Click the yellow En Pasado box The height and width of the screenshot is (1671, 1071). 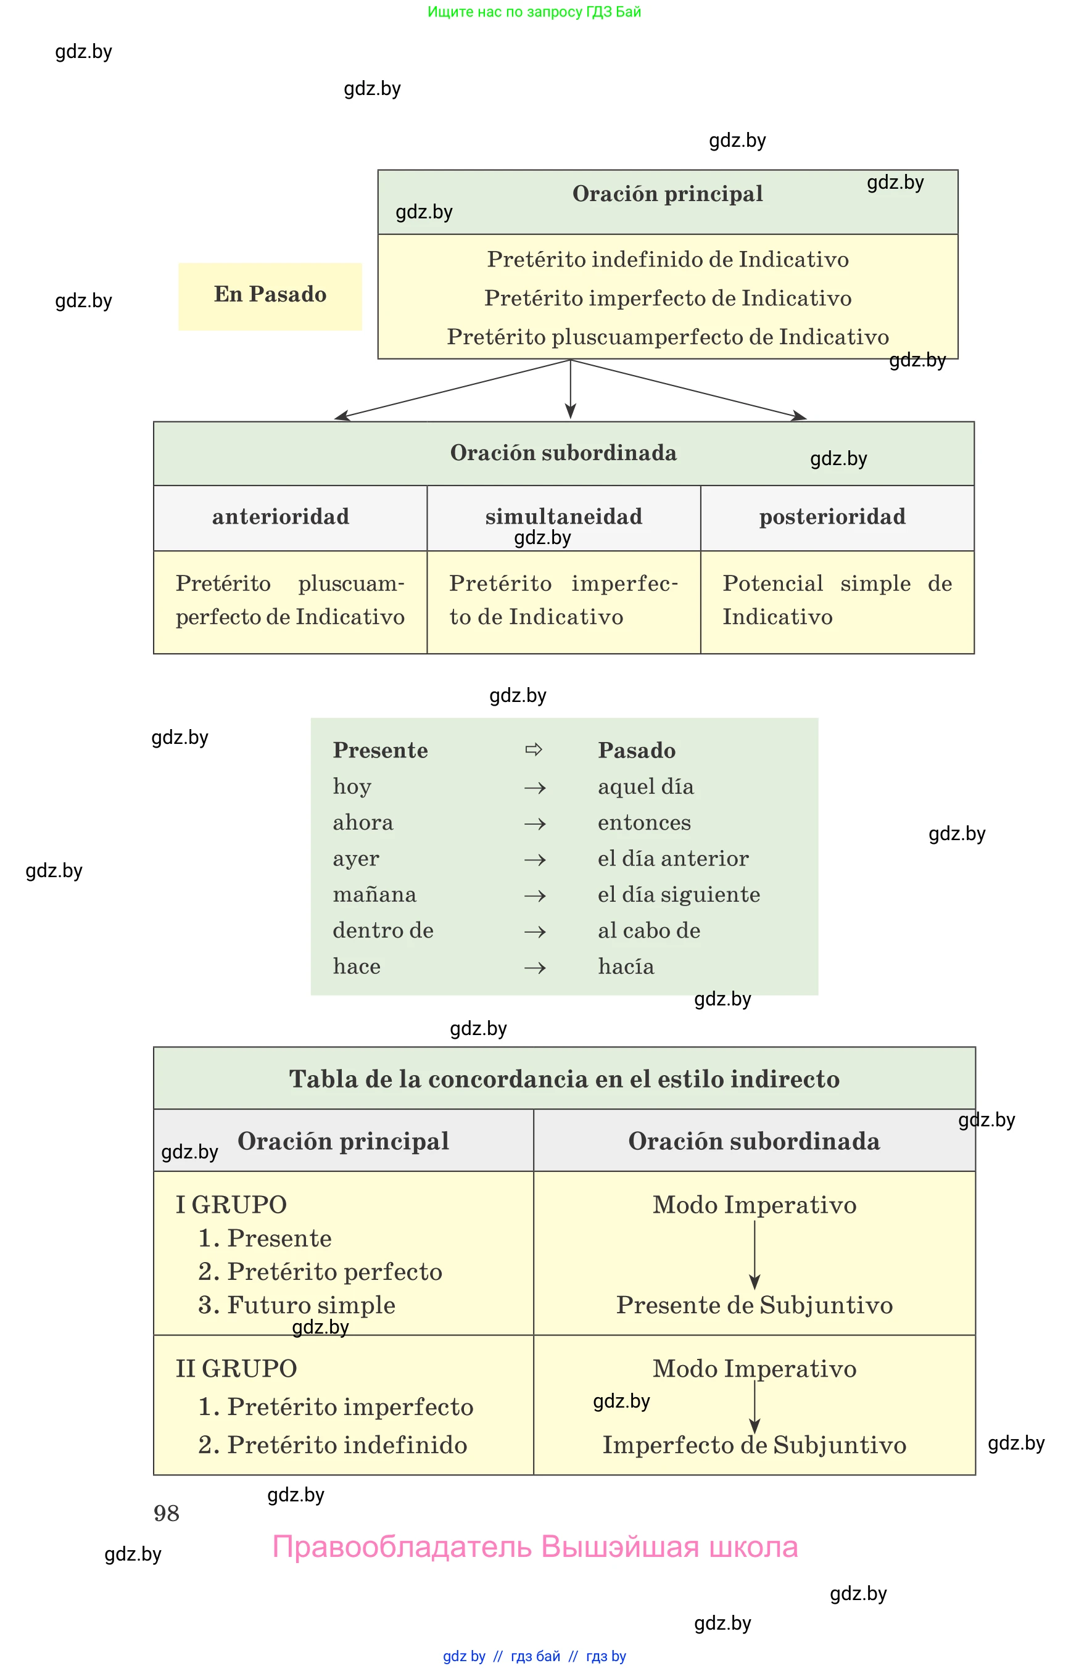(x=270, y=295)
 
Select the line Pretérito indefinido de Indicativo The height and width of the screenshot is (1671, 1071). (x=668, y=259)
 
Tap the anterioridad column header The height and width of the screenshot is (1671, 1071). (x=281, y=517)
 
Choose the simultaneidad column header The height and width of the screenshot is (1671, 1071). (x=563, y=517)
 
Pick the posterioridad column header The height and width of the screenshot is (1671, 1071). (x=832, y=517)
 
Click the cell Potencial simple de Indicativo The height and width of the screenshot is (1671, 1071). (x=837, y=600)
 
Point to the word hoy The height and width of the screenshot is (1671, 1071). (x=352, y=786)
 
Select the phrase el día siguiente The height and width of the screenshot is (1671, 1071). (x=679, y=894)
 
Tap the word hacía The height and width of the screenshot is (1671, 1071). (x=626, y=967)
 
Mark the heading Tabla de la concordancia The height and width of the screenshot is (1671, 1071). (x=564, y=1079)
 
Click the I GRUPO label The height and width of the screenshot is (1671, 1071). (x=231, y=1205)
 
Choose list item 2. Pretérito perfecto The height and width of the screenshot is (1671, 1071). (x=320, y=1271)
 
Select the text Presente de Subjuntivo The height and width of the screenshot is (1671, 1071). (x=754, y=1305)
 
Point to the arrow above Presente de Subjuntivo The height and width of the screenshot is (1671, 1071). (x=755, y=1255)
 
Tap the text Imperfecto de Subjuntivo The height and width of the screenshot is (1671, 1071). (x=754, y=1445)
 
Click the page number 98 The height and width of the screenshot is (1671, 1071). (x=166, y=1513)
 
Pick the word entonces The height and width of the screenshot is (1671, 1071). (x=644, y=823)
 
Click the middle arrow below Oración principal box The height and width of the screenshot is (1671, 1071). (x=570, y=389)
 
